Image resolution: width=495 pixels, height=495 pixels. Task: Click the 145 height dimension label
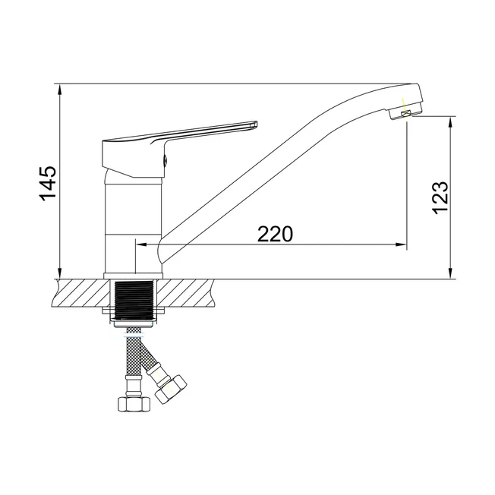[48, 182]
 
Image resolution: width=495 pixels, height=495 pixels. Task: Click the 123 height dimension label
[440, 198]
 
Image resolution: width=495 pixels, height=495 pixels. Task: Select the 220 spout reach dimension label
[276, 234]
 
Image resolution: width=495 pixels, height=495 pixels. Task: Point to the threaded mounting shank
[133, 299]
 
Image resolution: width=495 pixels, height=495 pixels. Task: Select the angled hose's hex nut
[171, 389]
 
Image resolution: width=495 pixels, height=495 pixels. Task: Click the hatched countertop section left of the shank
[83, 292]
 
